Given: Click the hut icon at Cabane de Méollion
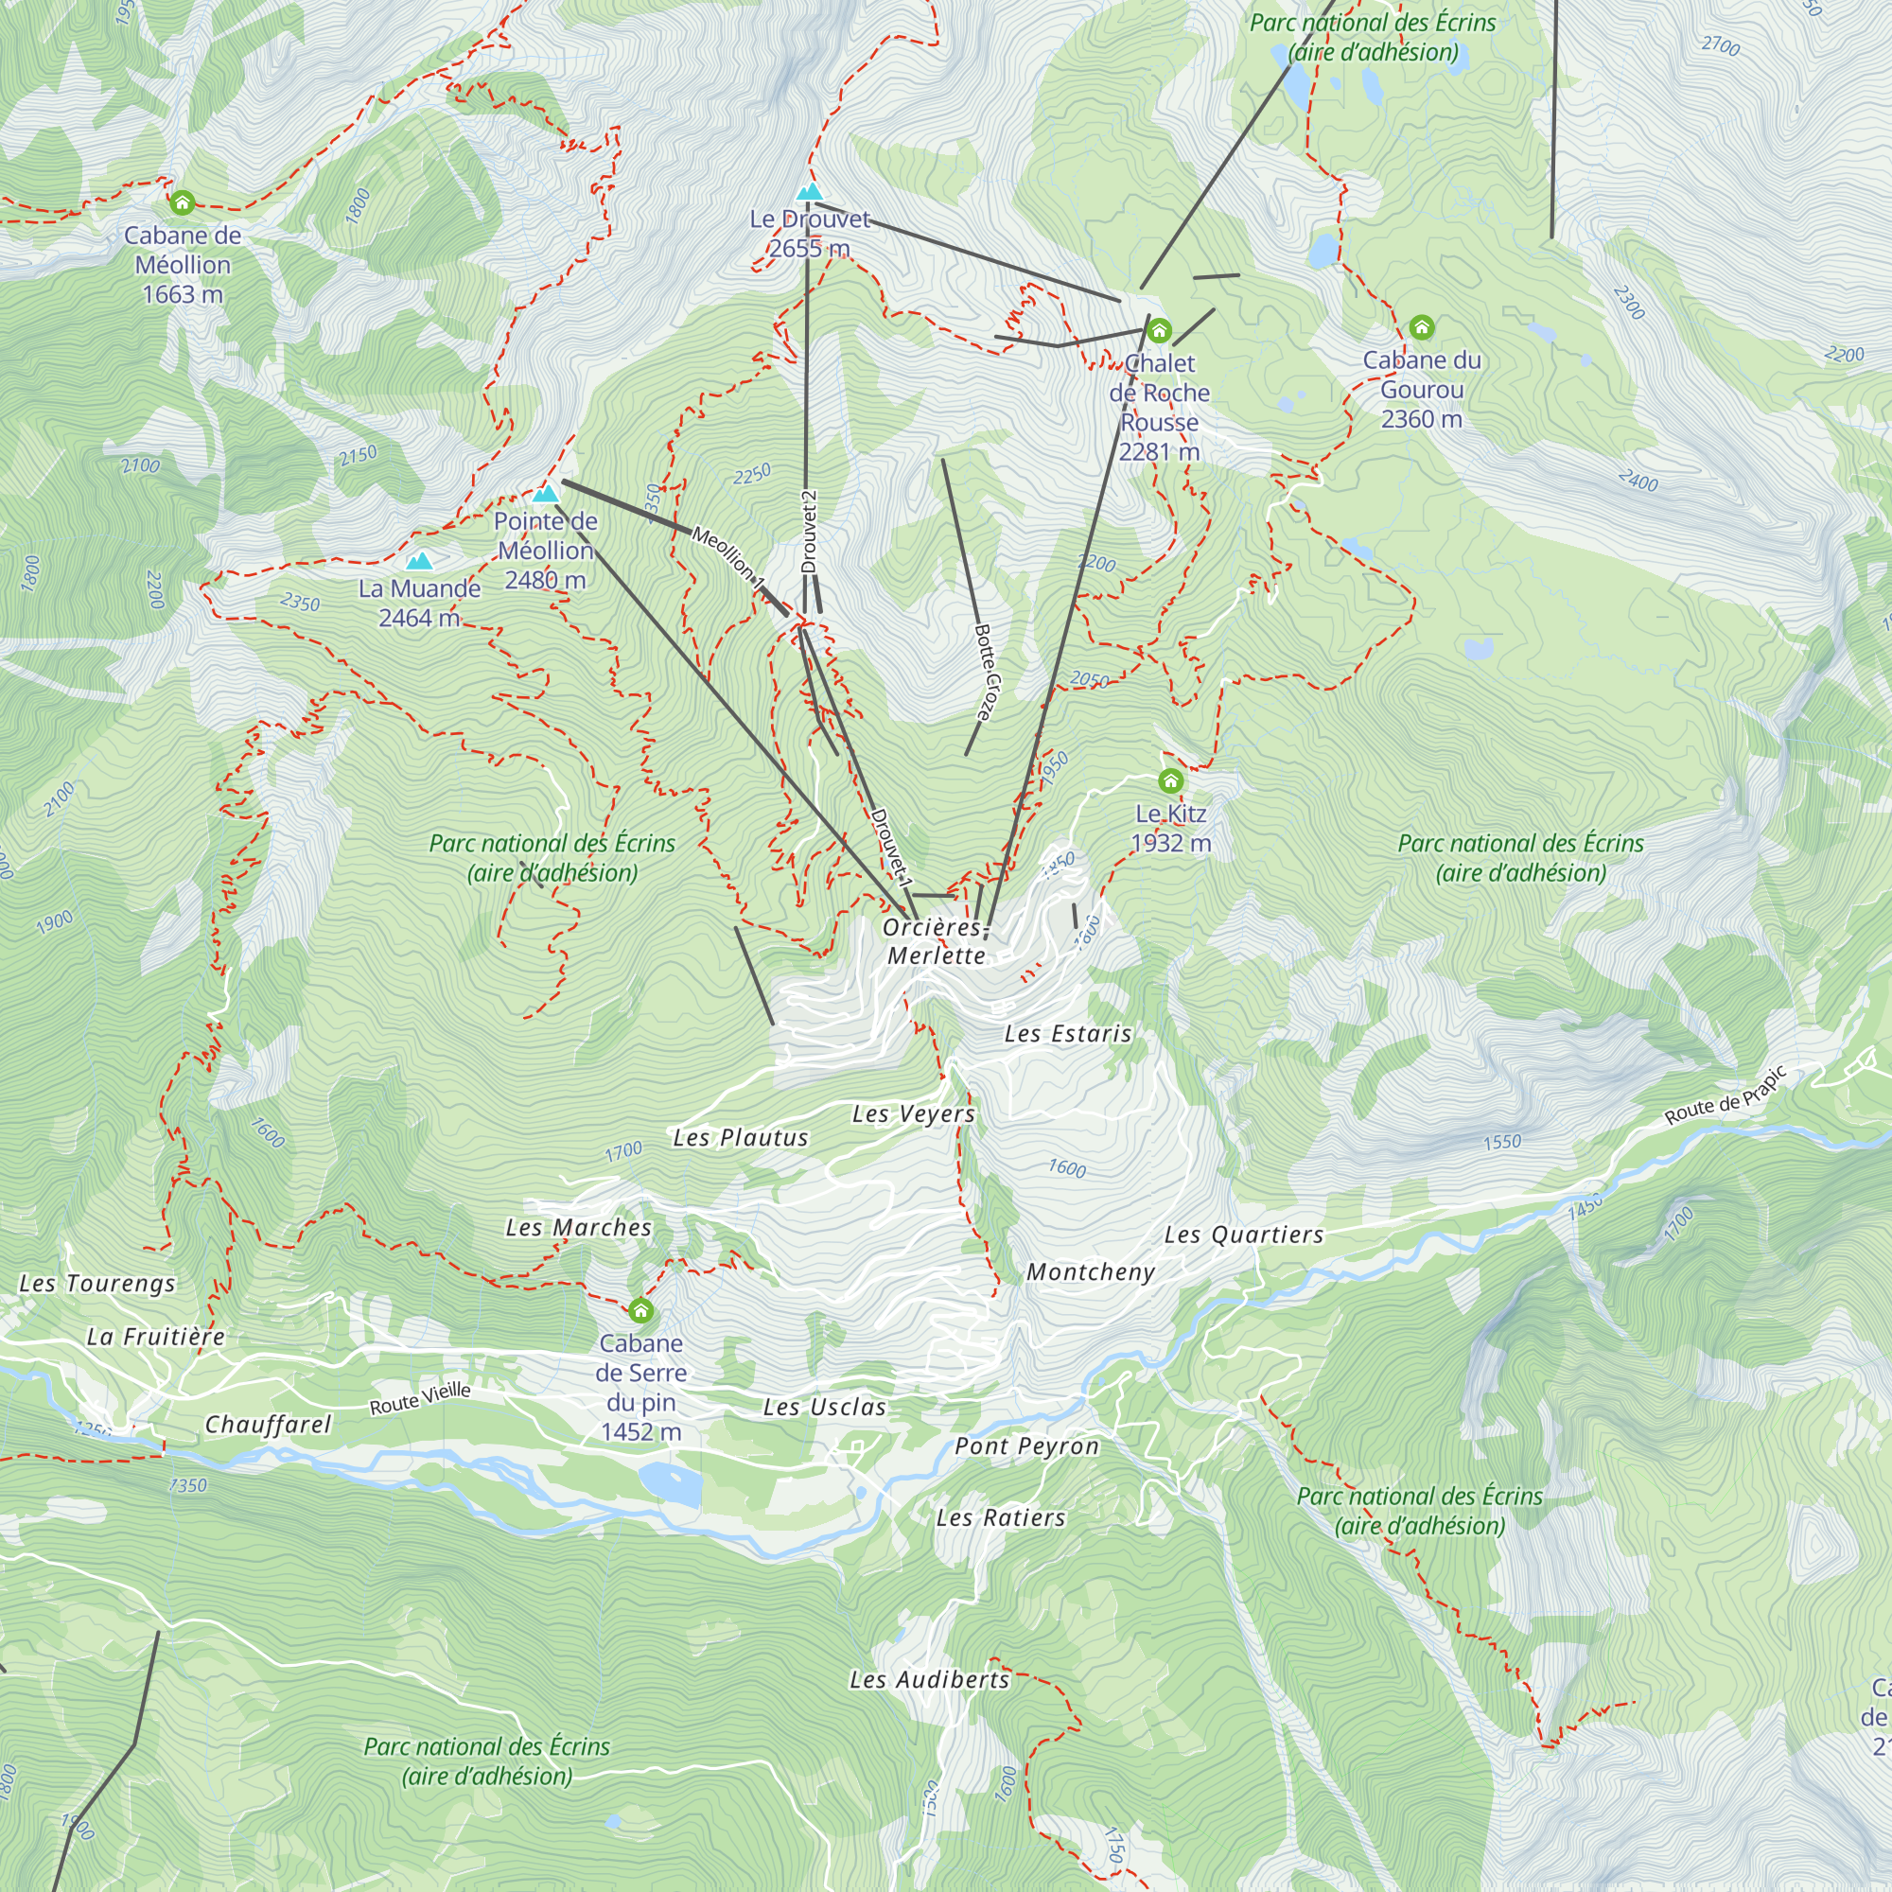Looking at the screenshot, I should coord(183,203).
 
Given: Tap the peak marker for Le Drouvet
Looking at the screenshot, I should coord(809,191).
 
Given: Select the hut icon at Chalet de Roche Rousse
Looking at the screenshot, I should coord(1159,330).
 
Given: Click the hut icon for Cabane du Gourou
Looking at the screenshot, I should coord(1421,327).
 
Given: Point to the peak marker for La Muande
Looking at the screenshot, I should coord(419,561).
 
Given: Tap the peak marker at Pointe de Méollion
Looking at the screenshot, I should coord(546,494).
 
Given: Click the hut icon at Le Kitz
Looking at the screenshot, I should coord(1170,780).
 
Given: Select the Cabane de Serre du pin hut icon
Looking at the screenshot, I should coord(640,1310).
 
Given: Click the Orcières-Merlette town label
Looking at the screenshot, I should coord(937,941).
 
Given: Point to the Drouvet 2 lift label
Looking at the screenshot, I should coord(809,532).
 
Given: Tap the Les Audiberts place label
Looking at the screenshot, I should coord(929,1679).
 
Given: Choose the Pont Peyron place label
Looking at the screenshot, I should coord(1026,1446).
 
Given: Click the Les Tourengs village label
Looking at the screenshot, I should coord(96,1283).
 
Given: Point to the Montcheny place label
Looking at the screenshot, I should coord(1091,1272).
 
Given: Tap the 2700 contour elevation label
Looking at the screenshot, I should coord(1721,45).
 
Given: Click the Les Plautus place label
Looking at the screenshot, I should coord(741,1137).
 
